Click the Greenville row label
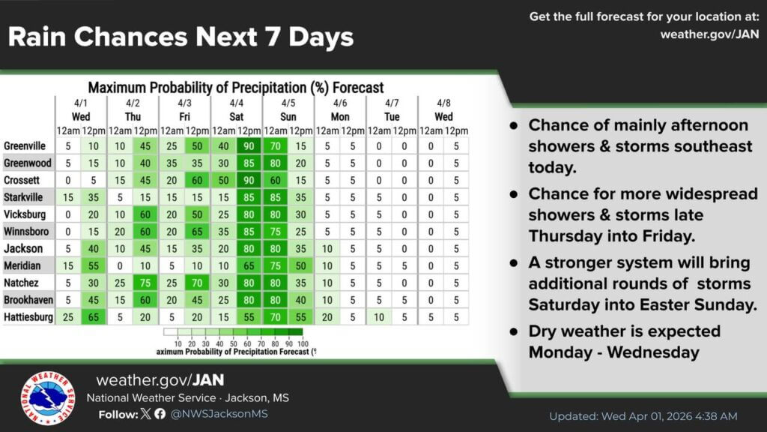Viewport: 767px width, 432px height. (25, 146)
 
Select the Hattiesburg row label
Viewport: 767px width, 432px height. (28, 317)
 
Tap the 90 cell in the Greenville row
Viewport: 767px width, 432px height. (249, 146)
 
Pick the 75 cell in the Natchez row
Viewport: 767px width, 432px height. (145, 283)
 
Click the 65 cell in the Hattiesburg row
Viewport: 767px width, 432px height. (94, 317)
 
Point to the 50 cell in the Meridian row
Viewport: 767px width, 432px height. (301, 266)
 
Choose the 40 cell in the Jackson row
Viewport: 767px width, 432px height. (94, 249)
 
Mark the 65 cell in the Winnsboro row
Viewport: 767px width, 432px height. (197, 232)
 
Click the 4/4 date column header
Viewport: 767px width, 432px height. (236, 103)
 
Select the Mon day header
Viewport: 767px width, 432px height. (340, 116)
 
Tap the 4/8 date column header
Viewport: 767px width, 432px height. (443, 103)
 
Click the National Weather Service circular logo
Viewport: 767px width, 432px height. (48, 397)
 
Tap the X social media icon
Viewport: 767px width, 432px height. (146, 414)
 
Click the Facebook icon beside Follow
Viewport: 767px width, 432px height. (160, 414)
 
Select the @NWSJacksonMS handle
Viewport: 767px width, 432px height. (219, 414)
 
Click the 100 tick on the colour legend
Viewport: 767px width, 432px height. (303, 343)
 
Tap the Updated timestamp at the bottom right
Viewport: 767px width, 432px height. (643, 416)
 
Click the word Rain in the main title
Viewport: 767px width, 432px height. (37, 37)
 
